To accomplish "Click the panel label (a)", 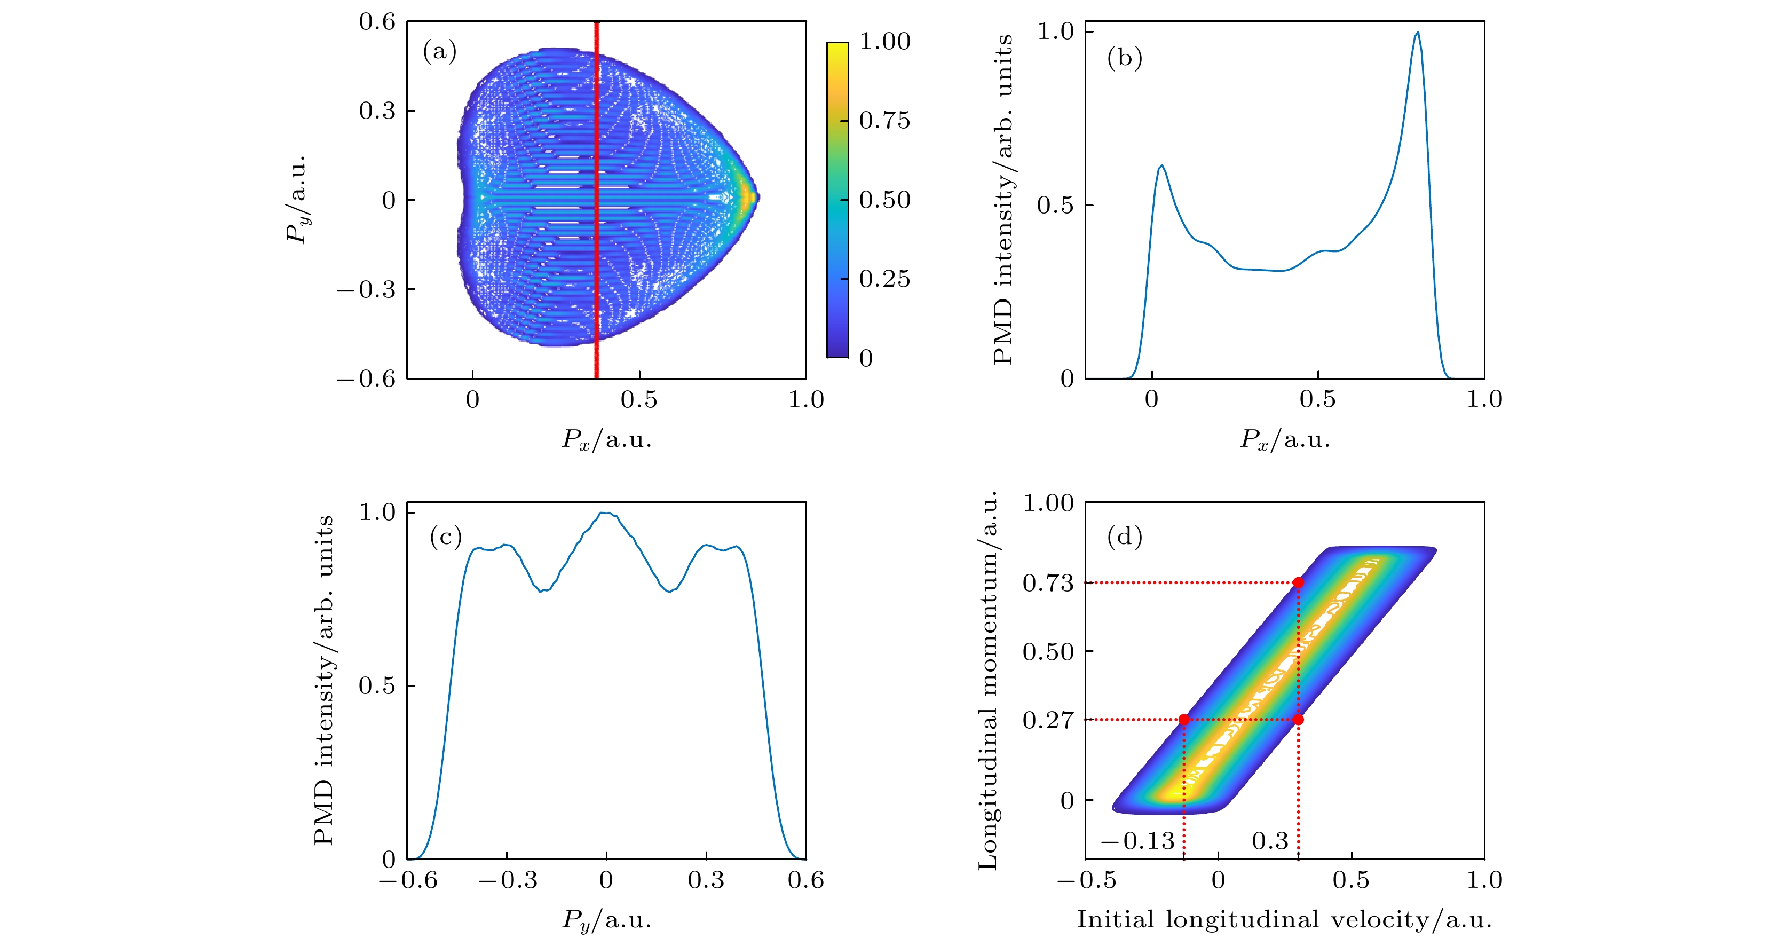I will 440,51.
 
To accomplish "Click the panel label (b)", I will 1125,58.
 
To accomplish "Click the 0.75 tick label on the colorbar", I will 884,121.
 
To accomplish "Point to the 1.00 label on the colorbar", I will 884,42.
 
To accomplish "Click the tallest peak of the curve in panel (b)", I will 1418,33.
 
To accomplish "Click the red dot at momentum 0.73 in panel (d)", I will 1298,582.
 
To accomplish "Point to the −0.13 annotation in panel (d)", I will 1138,841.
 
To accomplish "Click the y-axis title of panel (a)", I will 297,200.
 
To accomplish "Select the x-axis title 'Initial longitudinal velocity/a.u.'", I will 1284,920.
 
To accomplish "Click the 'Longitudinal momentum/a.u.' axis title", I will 987,680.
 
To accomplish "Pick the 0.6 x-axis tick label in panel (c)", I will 805,880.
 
